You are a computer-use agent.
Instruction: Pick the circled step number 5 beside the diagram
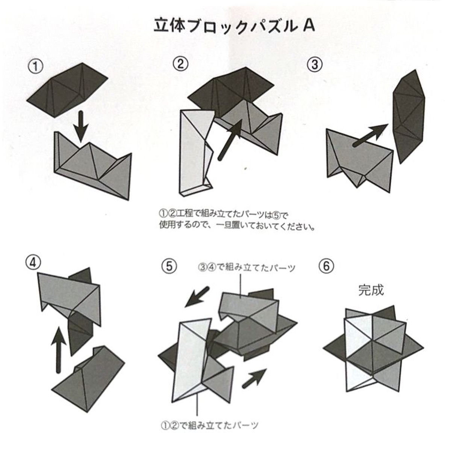click(x=169, y=266)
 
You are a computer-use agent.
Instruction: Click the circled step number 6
click(x=326, y=266)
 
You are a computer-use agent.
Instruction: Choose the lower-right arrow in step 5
click(x=254, y=377)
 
